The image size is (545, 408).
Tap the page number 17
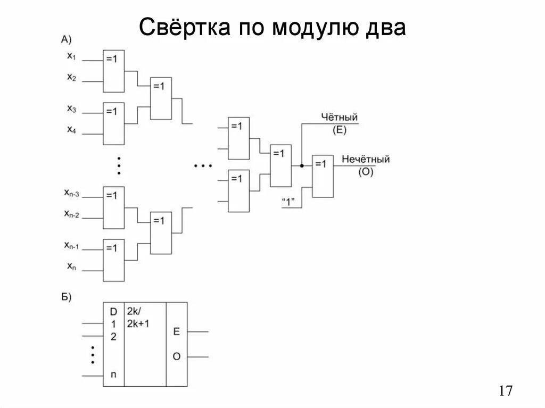click(x=506, y=391)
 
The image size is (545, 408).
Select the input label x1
click(x=71, y=55)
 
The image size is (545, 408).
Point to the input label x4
click(x=71, y=129)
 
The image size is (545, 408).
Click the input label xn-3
click(x=71, y=193)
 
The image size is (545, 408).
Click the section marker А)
click(x=67, y=39)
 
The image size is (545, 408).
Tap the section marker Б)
click(x=67, y=296)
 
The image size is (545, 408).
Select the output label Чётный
click(x=339, y=117)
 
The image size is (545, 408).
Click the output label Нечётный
click(x=366, y=159)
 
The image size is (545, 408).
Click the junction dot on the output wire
click(x=302, y=165)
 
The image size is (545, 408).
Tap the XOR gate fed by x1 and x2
click(x=113, y=71)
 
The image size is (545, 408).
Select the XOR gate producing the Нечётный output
click(x=323, y=176)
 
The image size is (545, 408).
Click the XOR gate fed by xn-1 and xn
click(x=113, y=260)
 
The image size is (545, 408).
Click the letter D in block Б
click(x=113, y=312)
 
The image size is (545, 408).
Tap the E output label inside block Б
click(x=176, y=331)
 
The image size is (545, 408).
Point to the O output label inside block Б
click(x=176, y=356)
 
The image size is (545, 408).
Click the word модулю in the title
click(x=311, y=27)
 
